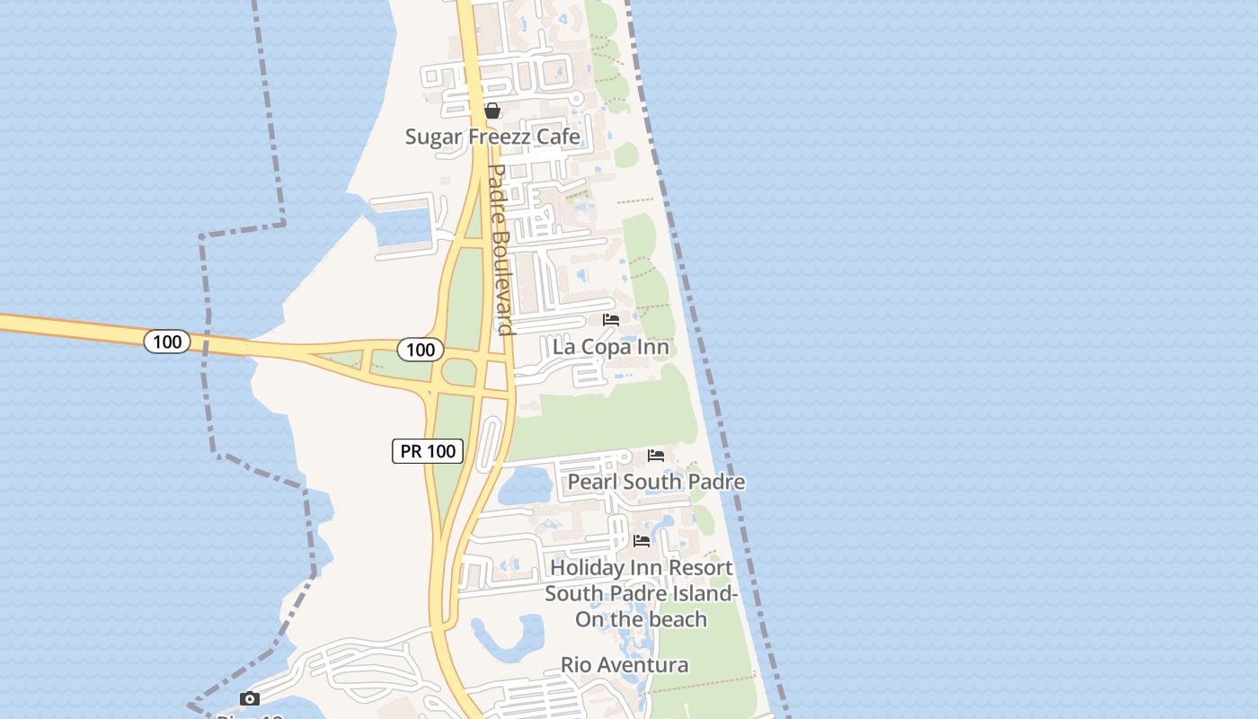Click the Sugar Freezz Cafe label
pyautogui.click(x=492, y=137)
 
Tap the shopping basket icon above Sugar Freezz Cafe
pyautogui.click(x=492, y=111)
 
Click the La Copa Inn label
pyautogui.click(x=611, y=347)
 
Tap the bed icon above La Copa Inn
pyautogui.click(x=611, y=320)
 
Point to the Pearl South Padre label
pyautogui.click(x=656, y=482)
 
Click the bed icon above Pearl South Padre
pyautogui.click(x=656, y=456)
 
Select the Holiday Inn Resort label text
pyautogui.click(x=642, y=568)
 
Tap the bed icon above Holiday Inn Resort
pyautogui.click(x=642, y=540)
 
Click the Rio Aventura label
pyautogui.click(x=625, y=665)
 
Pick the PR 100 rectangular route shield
pyautogui.click(x=428, y=451)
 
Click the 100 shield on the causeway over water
pyautogui.click(x=167, y=342)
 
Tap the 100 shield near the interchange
pyautogui.click(x=420, y=350)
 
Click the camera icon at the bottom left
pyautogui.click(x=250, y=698)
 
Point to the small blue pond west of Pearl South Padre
pyautogui.click(x=525, y=486)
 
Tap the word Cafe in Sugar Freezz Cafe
pyautogui.click(x=557, y=137)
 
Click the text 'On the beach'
pyautogui.click(x=642, y=619)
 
